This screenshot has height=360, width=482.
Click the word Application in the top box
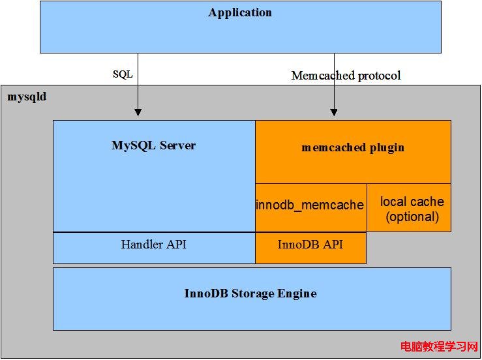pyautogui.click(x=240, y=13)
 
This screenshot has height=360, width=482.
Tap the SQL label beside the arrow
pyautogui.click(x=123, y=74)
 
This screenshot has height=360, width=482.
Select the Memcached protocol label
pyautogui.click(x=346, y=75)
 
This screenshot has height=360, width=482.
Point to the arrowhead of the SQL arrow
pyautogui.click(x=138, y=112)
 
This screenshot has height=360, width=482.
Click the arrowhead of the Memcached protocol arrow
pyautogui.click(x=334, y=112)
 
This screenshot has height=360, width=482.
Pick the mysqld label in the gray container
pyautogui.click(x=27, y=97)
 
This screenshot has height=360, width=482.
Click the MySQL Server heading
pyautogui.click(x=154, y=145)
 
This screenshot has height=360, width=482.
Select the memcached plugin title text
pyautogui.click(x=353, y=147)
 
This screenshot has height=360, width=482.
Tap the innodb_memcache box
pyautogui.click(x=311, y=208)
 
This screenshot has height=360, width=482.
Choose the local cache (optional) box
pyautogui.click(x=409, y=208)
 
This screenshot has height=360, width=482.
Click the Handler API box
pyautogui.click(x=154, y=248)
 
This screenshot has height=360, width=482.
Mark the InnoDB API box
pyautogui.click(x=310, y=248)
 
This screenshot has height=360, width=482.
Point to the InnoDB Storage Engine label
pyautogui.click(x=250, y=293)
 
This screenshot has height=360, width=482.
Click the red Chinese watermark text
pyautogui.click(x=439, y=347)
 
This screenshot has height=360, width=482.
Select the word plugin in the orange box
pyautogui.click(x=387, y=148)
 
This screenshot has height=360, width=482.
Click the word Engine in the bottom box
pyautogui.click(x=297, y=294)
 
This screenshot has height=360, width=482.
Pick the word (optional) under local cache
pyautogui.click(x=412, y=217)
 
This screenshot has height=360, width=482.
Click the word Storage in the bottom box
pyautogui.click(x=252, y=294)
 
